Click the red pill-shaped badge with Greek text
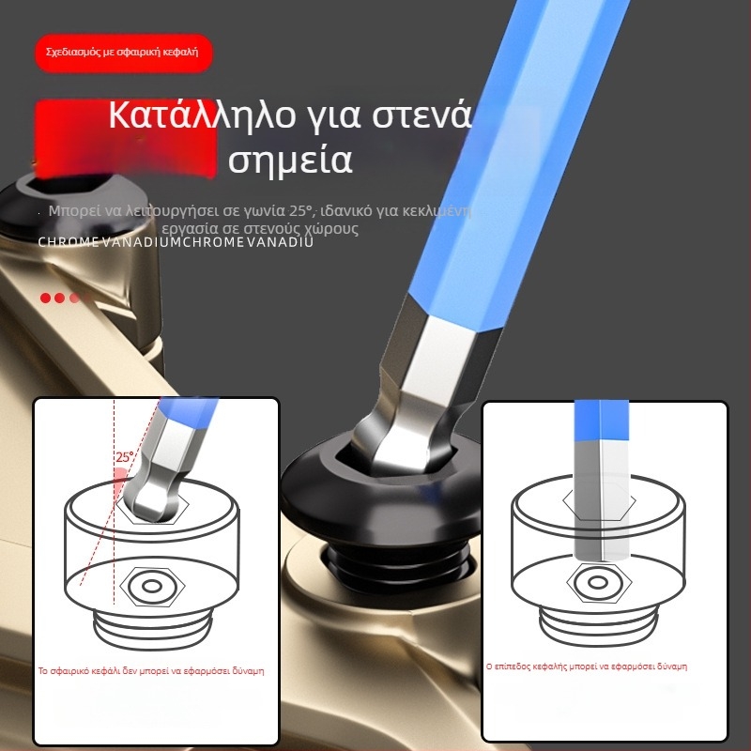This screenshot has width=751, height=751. pyautogui.click(x=123, y=53)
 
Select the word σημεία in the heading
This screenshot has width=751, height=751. pyautogui.click(x=290, y=161)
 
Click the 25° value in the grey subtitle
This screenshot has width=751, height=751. pyautogui.click(x=299, y=210)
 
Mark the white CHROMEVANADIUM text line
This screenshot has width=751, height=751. pyautogui.click(x=176, y=242)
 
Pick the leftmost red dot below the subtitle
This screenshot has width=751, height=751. pyautogui.click(x=45, y=298)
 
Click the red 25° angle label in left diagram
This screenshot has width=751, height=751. pyautogui.click(x=125, y=457)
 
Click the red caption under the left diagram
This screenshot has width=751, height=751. pyautogui.click(x=150, y=671)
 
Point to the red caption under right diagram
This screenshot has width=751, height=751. pyautogui.click(x=586, y=666)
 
